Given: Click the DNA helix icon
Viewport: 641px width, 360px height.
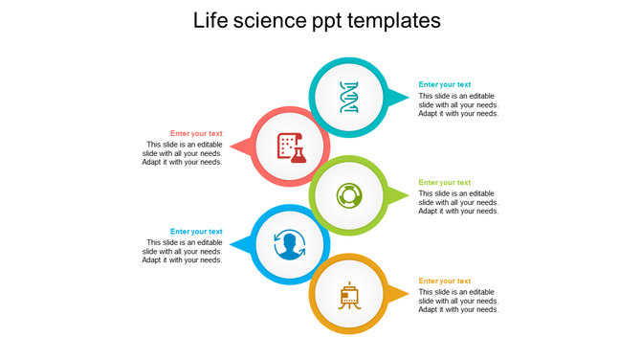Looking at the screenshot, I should point(349,97).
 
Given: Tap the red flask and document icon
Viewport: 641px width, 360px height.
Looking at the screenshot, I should point(291,146).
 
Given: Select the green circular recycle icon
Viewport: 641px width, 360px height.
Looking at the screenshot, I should point(349,195).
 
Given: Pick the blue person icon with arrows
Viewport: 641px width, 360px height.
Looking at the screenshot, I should point(289,245).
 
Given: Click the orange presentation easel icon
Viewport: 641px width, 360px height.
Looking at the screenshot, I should point(349,295).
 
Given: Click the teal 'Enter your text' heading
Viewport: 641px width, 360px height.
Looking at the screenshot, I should point(445,84).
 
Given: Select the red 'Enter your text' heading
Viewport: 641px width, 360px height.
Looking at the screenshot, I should point(196,133).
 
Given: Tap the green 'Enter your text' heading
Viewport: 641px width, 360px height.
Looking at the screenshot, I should point(445,182).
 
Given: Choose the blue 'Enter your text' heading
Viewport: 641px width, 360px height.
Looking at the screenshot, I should point(196,231).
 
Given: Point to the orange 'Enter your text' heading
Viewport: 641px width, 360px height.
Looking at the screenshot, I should point(445,281).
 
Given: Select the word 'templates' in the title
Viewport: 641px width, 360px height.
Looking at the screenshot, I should point(394,20).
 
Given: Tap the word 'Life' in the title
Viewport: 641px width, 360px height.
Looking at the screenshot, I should point(212,20).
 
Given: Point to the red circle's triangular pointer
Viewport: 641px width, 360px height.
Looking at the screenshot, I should point(242,147).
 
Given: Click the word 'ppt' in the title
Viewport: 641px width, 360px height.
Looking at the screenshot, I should point(335,22).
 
